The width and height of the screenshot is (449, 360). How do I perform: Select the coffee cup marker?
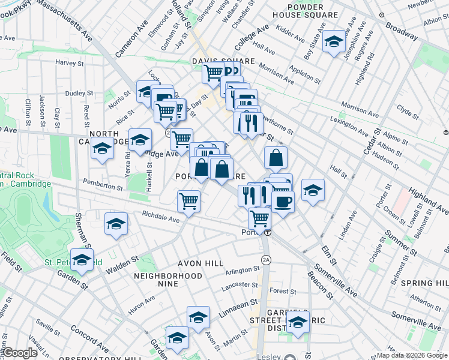283,202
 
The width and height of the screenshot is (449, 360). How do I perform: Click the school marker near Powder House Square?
333,42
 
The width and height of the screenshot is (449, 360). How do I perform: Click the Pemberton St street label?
103,188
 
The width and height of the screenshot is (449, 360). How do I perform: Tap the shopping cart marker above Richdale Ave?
188,201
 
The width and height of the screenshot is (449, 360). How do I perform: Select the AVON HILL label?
200,263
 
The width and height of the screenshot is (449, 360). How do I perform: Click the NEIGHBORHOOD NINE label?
168,276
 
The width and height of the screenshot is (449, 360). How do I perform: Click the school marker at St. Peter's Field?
82,260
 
